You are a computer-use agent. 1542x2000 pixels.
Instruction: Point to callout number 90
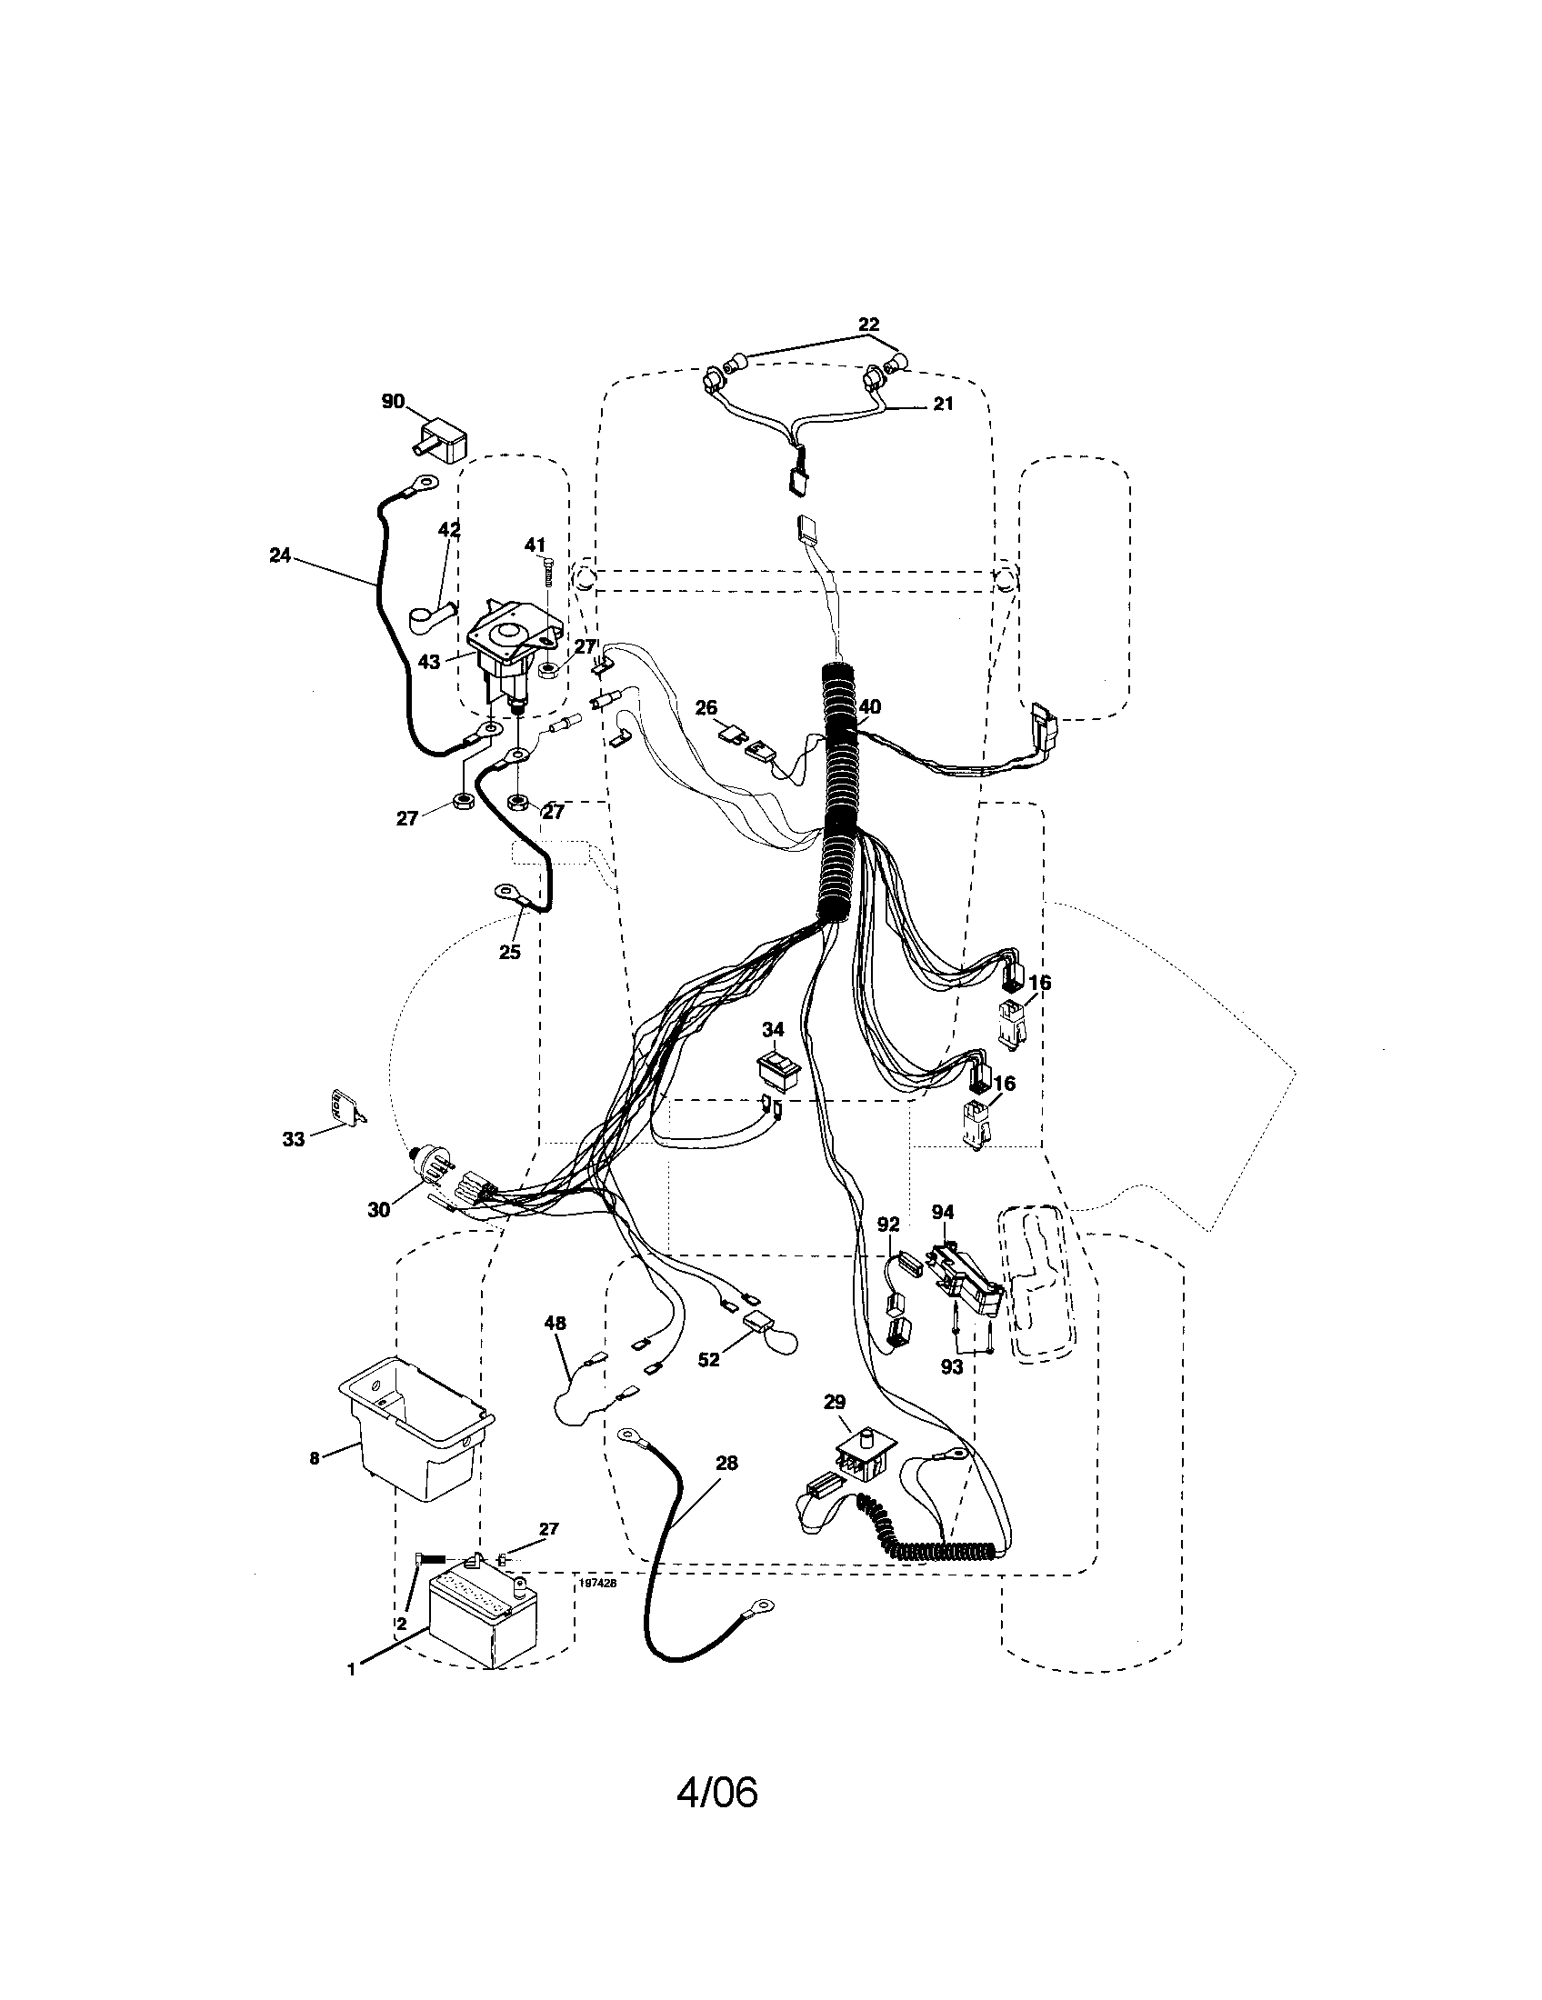pos(393,401)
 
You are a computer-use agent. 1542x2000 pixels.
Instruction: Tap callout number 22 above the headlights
pos(868,325)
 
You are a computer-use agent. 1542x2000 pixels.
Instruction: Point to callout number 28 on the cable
pos(726,1464)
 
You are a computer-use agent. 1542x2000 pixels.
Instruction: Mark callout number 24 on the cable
pos(280,554)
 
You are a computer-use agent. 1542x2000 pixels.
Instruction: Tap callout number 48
pos(555,1323)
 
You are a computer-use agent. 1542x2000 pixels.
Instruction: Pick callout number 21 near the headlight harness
pos(943,404)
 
